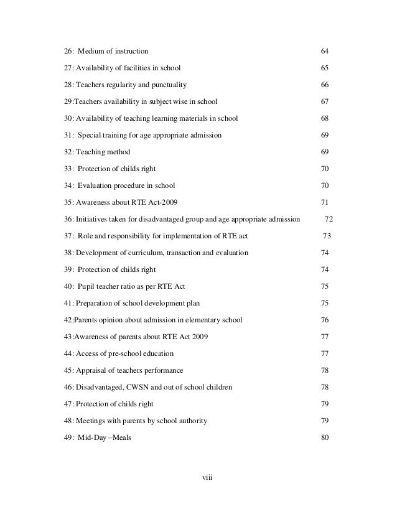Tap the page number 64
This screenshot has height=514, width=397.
click(x=324, y=50)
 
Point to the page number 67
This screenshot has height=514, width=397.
click(x=324, y=101)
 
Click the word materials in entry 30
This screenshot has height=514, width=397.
click(x=192, y=118)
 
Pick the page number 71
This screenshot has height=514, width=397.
click(x=324, y=202)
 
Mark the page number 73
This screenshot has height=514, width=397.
click(x=327, y=236)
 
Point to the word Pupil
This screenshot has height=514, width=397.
click(x=88, y=286)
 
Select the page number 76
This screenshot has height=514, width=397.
click(x=324, y=320)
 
